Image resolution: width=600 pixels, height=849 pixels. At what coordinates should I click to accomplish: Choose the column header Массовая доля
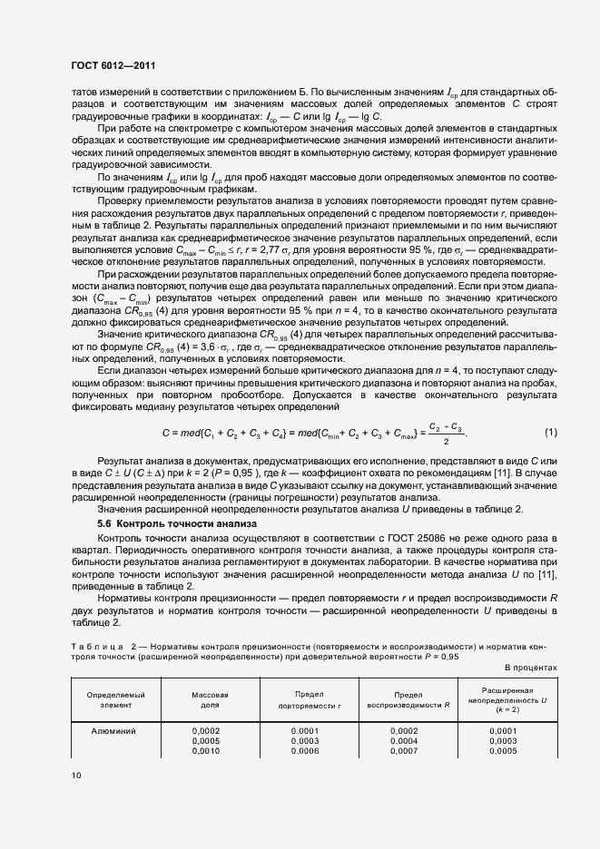(207, 698)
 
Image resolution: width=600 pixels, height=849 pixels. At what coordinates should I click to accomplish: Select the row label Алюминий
(109, 730)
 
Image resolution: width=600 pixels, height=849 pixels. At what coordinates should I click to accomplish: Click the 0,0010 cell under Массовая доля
(207, 751)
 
